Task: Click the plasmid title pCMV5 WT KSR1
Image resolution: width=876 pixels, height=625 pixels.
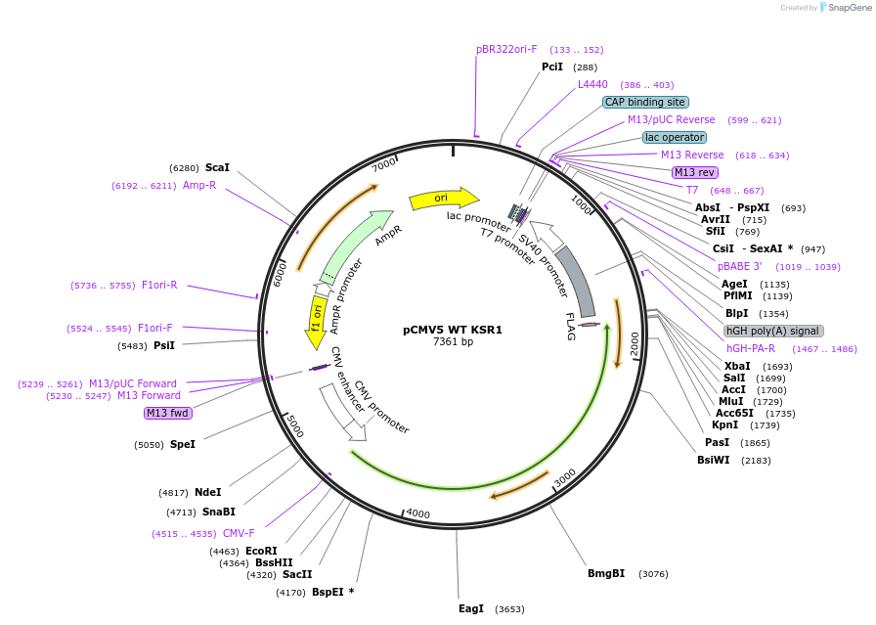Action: pyautogui.click(x=453, y=330)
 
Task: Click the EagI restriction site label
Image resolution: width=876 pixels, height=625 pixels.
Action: pyautogui.click(x=471, y=608)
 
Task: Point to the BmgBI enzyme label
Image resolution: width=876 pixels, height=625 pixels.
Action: pyautogui.click(x=606, y=573)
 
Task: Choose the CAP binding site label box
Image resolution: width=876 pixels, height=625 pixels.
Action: pyautogui.click(x=645, y=102)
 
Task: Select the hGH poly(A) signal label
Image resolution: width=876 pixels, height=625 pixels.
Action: pyautogui.click(x=773, y=331)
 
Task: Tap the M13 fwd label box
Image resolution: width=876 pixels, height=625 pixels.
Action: pyautogui.click(x=167, y=413)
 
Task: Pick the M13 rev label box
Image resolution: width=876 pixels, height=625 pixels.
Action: pyautogui.click(x=695, y=172)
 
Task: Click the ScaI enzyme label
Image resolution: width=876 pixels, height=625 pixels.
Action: pyautogui.click(x=217, y=167)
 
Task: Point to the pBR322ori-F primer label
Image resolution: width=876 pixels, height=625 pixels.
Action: pyautogui.click(x=506, y=49)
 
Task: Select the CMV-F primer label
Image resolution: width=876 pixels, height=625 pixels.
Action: pyautogui.click(x=239, y=533)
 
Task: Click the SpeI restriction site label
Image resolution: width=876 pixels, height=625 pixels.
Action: pyautogui.click(x=183, y=444)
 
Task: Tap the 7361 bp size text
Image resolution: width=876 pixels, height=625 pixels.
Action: pyautogui.click(x=453, y=342)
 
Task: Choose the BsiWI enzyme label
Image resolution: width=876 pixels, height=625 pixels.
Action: pyautogui.click(x=714, y=460)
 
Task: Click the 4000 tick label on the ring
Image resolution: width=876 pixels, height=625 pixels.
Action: pyautogui.click(x=417, y=513)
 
